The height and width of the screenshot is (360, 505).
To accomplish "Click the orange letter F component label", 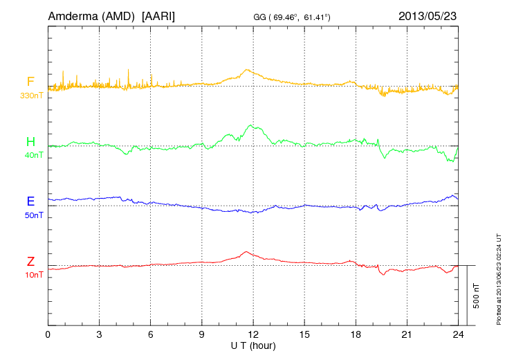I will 30,82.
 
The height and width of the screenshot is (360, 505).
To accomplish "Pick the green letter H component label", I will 30,142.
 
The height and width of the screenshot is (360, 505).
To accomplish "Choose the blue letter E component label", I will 30,201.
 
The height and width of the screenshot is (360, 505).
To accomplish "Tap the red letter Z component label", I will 30,262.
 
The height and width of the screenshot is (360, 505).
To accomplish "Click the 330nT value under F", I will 32,95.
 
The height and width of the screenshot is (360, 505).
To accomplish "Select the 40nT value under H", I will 33,155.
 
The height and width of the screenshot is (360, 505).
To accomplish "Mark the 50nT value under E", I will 33,215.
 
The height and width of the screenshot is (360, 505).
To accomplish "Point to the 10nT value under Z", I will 33,275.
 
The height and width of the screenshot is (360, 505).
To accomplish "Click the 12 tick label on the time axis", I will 253,334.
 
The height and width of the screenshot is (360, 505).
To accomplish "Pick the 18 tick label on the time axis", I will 356,334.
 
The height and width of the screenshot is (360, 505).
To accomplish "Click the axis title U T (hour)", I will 253,345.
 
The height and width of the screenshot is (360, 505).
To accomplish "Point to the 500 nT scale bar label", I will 476,296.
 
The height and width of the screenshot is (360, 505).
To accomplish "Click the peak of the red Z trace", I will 246,251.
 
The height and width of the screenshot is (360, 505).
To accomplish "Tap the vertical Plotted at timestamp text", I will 498,278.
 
